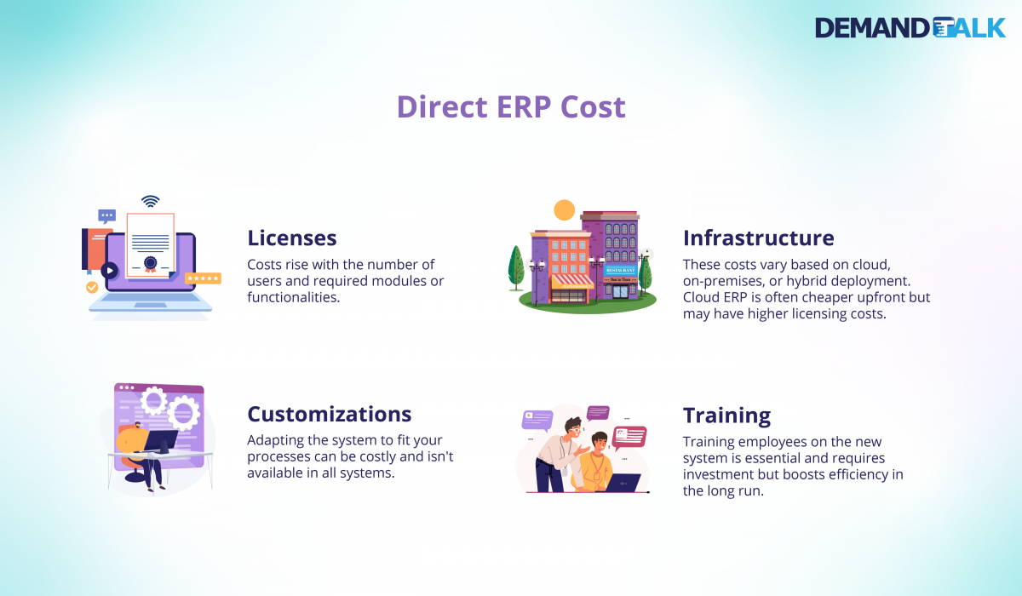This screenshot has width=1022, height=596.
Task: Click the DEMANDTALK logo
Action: (910, 27)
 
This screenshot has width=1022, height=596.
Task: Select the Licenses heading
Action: (292, 238)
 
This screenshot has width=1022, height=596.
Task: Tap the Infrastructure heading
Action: (758, 238)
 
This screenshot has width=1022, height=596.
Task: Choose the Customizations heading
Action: (329, 414)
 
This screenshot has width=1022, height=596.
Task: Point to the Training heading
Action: (726, 415)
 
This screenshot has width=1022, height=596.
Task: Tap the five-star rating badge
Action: (203, 278)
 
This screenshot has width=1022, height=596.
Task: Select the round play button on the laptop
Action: (109, 271)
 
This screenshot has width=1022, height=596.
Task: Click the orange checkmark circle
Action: (92, 288)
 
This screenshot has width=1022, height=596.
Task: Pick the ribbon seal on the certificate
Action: (151, 264)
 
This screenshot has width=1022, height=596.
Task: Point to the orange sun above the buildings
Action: (564, 209)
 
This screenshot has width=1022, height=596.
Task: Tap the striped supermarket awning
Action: (571, 281)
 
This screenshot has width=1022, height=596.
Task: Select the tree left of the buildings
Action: (516, 268)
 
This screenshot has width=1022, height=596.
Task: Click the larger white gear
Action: (182, 413)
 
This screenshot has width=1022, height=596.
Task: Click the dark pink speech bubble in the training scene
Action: (630, 436)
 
